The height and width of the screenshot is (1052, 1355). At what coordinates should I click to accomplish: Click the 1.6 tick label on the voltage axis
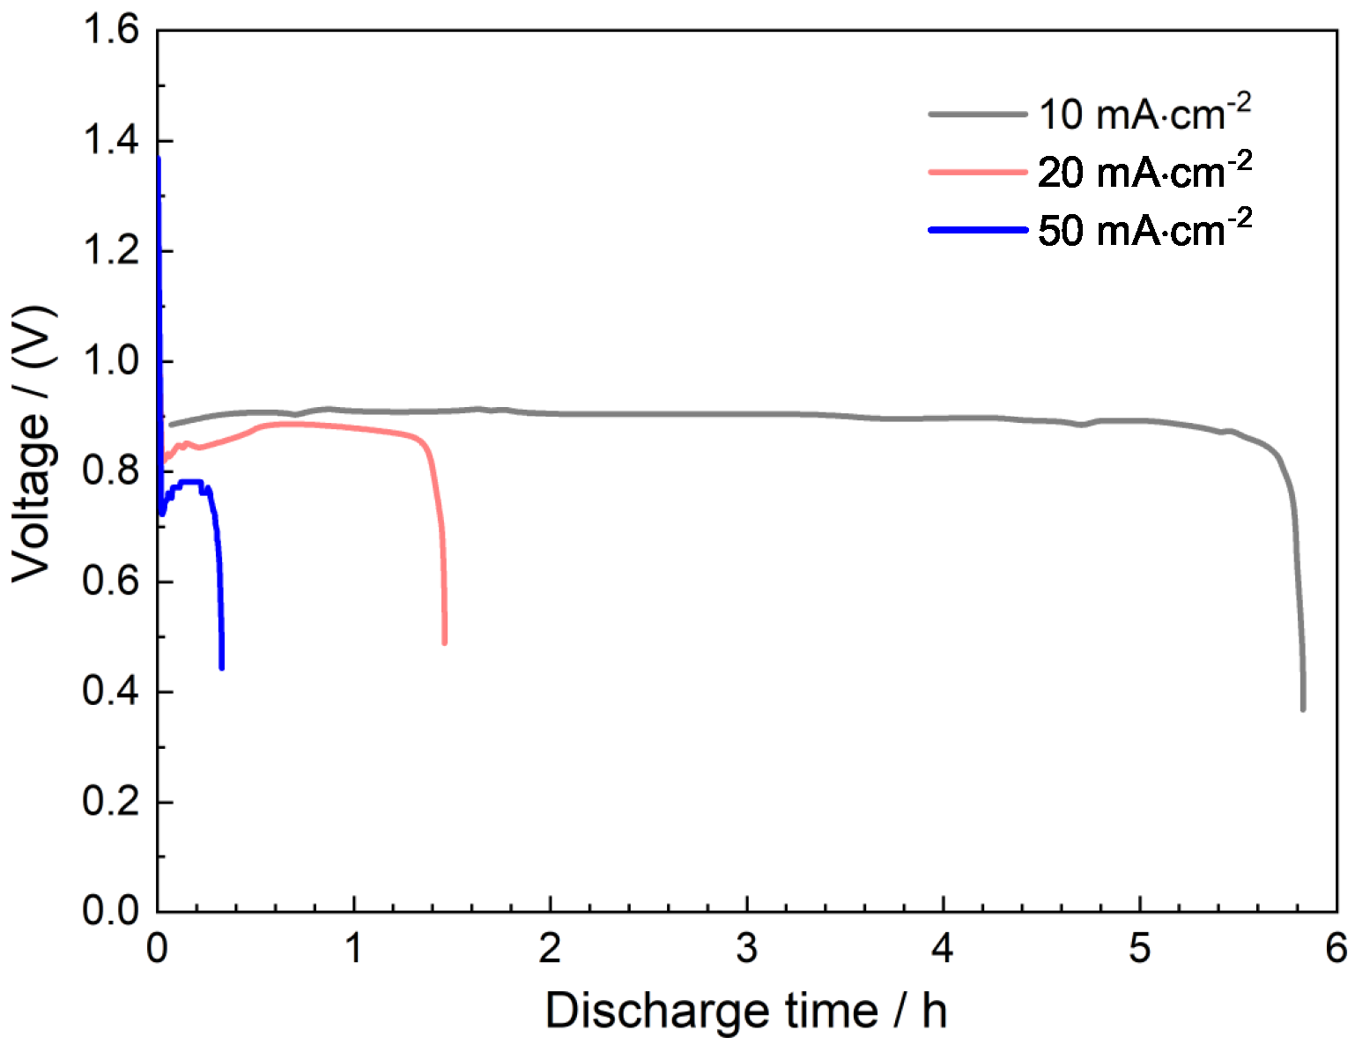pos(111,31)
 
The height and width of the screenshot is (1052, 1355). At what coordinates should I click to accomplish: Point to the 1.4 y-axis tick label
pos(111,141)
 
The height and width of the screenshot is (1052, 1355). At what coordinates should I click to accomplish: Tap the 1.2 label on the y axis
pos(111,251)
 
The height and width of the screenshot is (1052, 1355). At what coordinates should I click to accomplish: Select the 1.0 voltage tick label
pos(111,361)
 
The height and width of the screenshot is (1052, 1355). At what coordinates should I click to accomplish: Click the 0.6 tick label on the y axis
pos(111,582)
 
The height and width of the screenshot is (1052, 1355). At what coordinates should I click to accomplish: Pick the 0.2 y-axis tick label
pos(111,803)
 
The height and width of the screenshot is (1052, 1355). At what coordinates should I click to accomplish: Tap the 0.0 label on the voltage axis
pos(111,912)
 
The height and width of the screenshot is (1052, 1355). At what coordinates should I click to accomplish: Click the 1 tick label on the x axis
pos(353,948)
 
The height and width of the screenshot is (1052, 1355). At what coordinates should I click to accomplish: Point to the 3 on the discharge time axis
pos(747,948)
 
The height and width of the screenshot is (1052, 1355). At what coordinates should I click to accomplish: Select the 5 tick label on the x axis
pos(1140,948)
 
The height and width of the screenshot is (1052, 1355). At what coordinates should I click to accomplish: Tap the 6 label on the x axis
pos(1336,948)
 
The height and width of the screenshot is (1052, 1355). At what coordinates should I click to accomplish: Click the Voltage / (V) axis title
pos(33,443)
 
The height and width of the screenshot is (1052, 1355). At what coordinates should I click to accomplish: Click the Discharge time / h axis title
pos(746,1010)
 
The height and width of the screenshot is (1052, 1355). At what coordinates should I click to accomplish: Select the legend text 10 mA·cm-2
pos(1144,113)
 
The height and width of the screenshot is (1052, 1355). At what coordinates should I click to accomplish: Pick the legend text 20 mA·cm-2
pos(1144,171)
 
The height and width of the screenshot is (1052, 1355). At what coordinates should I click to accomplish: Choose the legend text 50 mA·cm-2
pos(1144,229)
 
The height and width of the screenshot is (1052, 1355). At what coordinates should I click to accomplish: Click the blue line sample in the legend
pos(978,230)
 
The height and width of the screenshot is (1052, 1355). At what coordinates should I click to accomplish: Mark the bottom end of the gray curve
pos(1303,708)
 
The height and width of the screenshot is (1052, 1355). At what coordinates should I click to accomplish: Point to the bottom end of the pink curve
pos(444,641)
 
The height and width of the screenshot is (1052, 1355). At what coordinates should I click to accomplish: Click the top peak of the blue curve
pos(158,159)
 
